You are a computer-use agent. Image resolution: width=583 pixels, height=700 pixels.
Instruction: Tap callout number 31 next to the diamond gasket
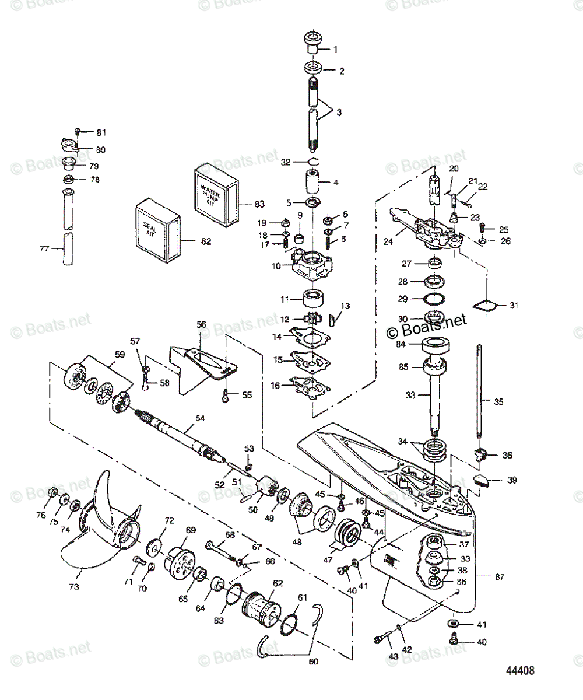tap(513, 304)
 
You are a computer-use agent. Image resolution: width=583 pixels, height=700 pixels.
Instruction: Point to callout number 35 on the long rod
tap(498, 401)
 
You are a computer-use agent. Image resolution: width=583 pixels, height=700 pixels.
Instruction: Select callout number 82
tap(205, 241)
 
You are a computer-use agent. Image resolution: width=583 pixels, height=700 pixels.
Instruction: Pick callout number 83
tap(259, 204)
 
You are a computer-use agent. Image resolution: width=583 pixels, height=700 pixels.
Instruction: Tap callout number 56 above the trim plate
tap(201, 325)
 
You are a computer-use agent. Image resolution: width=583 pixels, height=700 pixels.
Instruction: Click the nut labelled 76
tap(51, 491)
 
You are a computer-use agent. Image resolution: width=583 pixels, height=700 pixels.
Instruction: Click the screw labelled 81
tap(78, 132)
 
